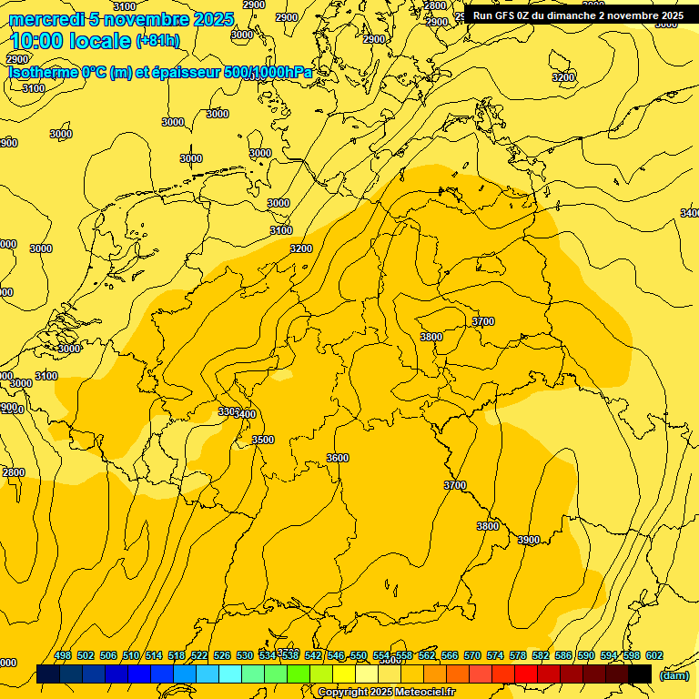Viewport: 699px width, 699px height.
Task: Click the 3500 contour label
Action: [x=262, y=440]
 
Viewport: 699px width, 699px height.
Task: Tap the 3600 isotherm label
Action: [x=338, y=458]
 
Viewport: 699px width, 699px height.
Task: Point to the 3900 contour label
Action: [x=529, y=540]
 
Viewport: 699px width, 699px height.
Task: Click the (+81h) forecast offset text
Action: [x=157, y=41]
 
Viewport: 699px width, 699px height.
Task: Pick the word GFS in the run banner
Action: [x=517, y=15]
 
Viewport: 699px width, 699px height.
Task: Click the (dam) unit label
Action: [x=674, y=675]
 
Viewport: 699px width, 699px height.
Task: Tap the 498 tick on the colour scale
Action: [x=63, y=655]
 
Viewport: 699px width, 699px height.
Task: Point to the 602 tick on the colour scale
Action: [x=654, y=655]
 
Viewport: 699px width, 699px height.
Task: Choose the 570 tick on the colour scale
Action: [x=472, y=655]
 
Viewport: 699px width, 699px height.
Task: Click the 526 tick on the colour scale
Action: [x=222, y=655]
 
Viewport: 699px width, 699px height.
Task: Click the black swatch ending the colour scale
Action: [x=640, y=674]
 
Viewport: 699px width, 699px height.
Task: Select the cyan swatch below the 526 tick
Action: [x=230, y=674]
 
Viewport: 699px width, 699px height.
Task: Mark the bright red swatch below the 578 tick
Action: [x=526, y=674]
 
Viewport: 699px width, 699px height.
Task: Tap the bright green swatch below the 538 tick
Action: [x=299, y=674]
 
